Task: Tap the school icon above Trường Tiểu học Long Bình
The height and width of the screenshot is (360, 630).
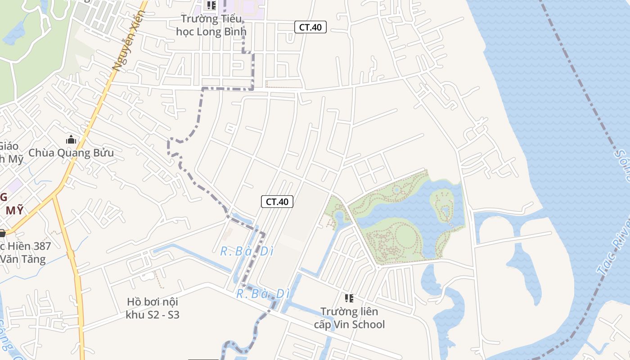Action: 211,6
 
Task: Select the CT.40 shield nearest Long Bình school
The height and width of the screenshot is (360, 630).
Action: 310,27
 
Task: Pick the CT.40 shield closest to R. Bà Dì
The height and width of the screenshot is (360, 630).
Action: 277,202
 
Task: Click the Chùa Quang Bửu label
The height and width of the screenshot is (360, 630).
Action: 71,153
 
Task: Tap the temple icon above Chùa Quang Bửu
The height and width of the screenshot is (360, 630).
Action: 71,140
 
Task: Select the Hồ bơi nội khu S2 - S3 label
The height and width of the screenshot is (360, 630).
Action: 153,308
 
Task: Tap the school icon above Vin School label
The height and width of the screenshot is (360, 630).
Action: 349,298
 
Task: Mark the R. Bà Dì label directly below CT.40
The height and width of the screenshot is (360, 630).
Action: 247,251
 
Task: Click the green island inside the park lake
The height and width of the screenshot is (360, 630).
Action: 442,205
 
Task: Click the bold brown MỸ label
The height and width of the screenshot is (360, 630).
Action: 14,211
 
